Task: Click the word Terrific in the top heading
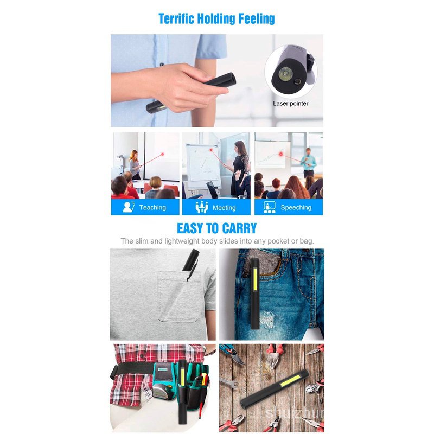176,19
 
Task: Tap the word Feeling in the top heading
257,19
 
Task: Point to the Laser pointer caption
291,104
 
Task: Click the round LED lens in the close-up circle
285,74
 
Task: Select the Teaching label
152,208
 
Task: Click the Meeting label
224,208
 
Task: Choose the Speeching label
296,208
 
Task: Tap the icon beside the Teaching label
129,207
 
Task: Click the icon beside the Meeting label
202,207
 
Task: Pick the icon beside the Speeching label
269,207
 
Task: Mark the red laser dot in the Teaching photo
162,154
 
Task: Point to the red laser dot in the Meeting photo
211,150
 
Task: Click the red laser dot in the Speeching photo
281,154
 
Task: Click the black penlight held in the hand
191,93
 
